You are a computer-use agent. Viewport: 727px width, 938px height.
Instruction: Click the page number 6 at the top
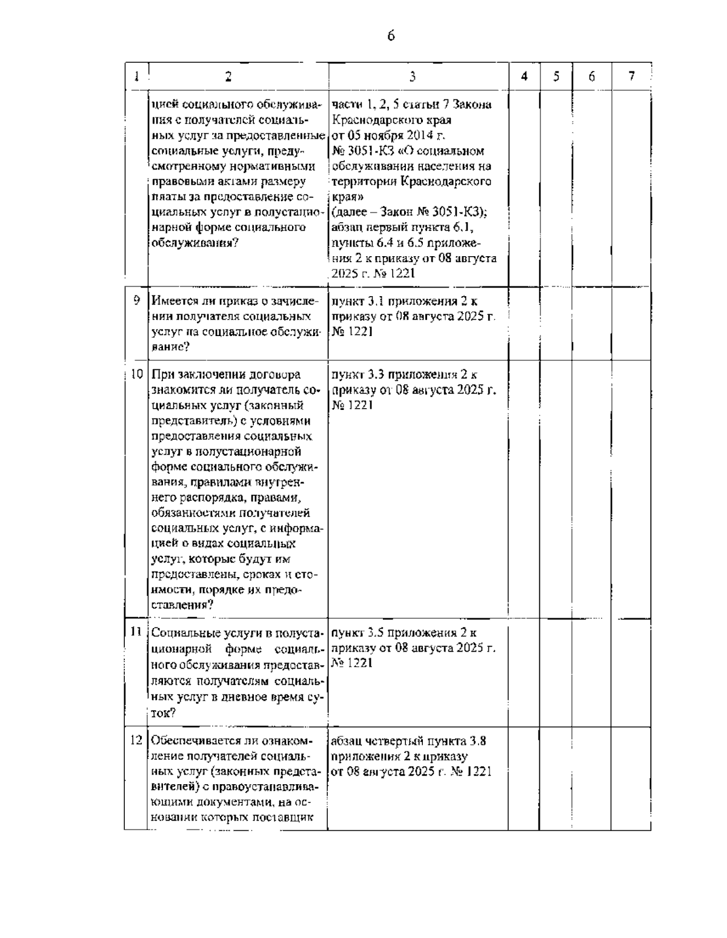pos(391,36)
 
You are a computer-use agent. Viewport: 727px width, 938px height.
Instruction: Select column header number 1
pos(136,76)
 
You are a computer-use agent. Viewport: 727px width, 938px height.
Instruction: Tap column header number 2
pos(228,76)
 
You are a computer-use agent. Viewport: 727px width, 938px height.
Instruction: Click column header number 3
pos(412,76)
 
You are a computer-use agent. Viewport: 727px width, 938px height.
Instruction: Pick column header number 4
pos(524,76)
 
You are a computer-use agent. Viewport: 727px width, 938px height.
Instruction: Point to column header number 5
pos(556,76)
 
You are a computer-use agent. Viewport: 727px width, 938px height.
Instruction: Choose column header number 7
pos(631,76)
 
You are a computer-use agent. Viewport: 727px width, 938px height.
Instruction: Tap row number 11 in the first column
pos(136,632)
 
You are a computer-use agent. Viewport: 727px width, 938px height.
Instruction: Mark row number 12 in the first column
pos(136,740)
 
